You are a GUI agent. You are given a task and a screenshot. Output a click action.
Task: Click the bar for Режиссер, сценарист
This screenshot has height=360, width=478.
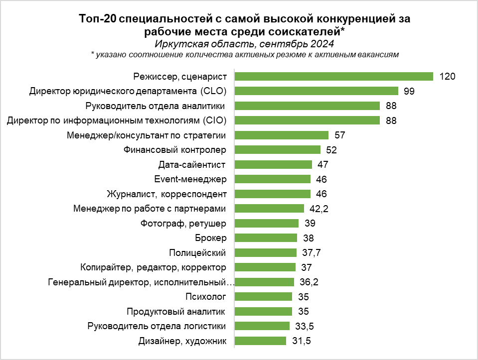point(333,76)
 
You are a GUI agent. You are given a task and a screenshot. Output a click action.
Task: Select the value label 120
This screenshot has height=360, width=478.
point(448,77)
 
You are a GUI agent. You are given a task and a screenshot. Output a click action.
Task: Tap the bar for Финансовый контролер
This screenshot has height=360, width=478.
point(277,149)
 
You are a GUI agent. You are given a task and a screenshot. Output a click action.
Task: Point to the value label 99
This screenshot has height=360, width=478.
point(409,91)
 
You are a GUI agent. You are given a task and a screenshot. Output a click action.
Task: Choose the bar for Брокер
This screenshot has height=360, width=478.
point(266,238)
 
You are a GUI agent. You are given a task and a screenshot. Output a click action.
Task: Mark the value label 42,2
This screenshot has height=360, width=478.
point(319,209)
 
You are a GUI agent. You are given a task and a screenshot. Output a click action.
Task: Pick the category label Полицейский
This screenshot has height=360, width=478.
point(198,253)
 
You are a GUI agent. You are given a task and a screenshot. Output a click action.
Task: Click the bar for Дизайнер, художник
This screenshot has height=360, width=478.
point(260,341)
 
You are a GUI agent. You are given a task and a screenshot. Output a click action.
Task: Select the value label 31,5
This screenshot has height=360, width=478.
point(301,341)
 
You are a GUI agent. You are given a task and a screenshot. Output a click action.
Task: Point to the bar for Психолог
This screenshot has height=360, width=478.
point(263,297)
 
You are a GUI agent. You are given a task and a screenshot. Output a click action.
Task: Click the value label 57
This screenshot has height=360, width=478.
point(340,135)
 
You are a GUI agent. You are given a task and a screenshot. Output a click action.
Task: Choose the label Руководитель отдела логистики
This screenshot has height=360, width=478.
point(157,327)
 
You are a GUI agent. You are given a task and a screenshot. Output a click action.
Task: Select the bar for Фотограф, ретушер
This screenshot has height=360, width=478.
point(266,223)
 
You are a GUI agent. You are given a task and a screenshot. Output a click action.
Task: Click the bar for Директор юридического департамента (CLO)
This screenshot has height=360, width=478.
point(316,91)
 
